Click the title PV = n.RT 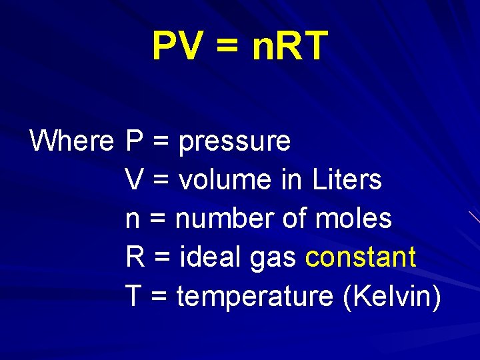click(x=240, y=46)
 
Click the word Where click(x=72, y=141)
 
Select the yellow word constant click(x=361, y=257)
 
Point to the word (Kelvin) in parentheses click(x=391, y=296)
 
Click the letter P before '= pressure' click(x=134, y=141)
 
